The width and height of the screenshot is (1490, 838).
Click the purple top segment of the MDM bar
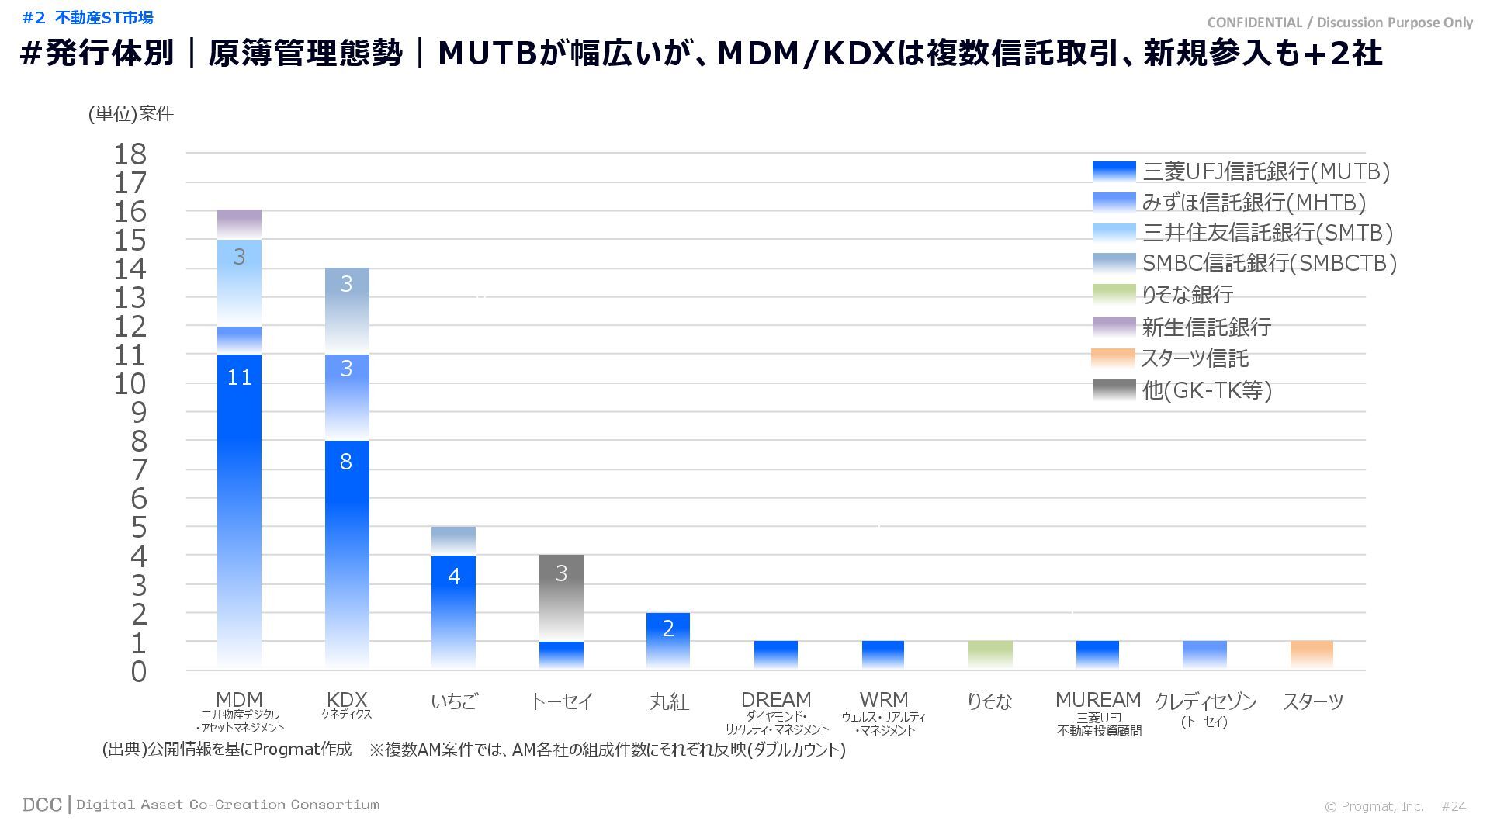(x=239, y=224)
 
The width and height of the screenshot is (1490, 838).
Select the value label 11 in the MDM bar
(x=239, y=378)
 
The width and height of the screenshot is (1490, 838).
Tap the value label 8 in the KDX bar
(x=346, y=462)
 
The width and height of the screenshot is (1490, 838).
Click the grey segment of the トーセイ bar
(x=561, y=597)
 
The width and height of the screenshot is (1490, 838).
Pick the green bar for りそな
(x=990, y=654)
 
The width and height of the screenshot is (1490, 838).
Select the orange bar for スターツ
(x=1312, y=654)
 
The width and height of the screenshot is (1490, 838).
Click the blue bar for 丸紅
(x=668, y=640)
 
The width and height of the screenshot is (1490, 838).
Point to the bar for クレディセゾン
(x=1204, y=654)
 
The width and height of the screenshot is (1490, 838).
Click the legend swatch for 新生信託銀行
(x=1114, y=327)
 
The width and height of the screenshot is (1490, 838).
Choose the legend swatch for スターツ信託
(x=1114, y=358)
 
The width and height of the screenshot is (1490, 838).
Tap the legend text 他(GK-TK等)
(x=1207, y=390)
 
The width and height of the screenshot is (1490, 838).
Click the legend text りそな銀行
(x=1187, y=295)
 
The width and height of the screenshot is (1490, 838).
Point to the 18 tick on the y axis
(x=130, y=154)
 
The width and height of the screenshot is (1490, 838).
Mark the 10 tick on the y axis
(x=130, y=384)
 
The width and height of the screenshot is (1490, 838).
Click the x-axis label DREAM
(x=776, y=700)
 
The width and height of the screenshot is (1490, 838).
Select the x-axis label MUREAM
(x=1098, y=700)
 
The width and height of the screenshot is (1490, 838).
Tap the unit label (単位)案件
(x=131, y=114)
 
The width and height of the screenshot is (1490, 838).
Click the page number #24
(x=1454, y=807)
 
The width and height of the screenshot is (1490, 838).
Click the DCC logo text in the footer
(x=42, y=805)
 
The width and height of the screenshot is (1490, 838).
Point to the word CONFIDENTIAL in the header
(x=1255, y=23)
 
